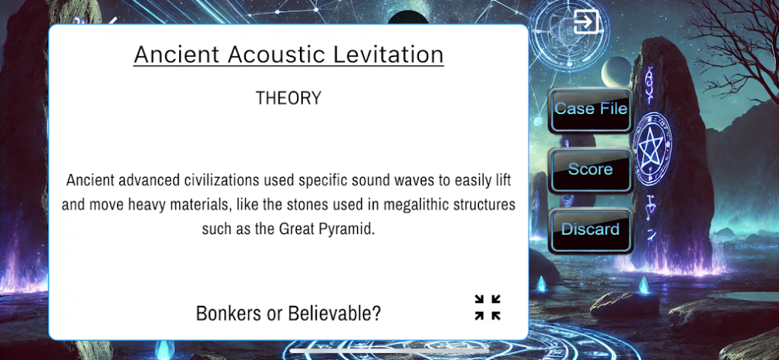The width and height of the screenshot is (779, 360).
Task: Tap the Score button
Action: pyautogui.click(x=590, y=170)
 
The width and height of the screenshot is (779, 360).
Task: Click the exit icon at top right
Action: pyautogui.click(x=586, y=22)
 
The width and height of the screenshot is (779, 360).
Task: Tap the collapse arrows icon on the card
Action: pyautogui.click(x=487, y=307)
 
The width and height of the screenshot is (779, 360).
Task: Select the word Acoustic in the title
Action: pyautogui.click(x=276, y=54)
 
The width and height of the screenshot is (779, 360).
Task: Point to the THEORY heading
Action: pyautogui.click(x=289, y=98)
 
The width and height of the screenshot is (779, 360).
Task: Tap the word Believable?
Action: pyautogui.click(x=334, y=313)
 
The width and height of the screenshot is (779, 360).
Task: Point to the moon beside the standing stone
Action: pyautogui.click(x=616, y=72)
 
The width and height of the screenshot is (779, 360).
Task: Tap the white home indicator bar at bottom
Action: pyautogui.click(x=390, y=350)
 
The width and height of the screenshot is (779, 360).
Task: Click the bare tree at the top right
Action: pyautogui.click(x=730, y=45)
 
